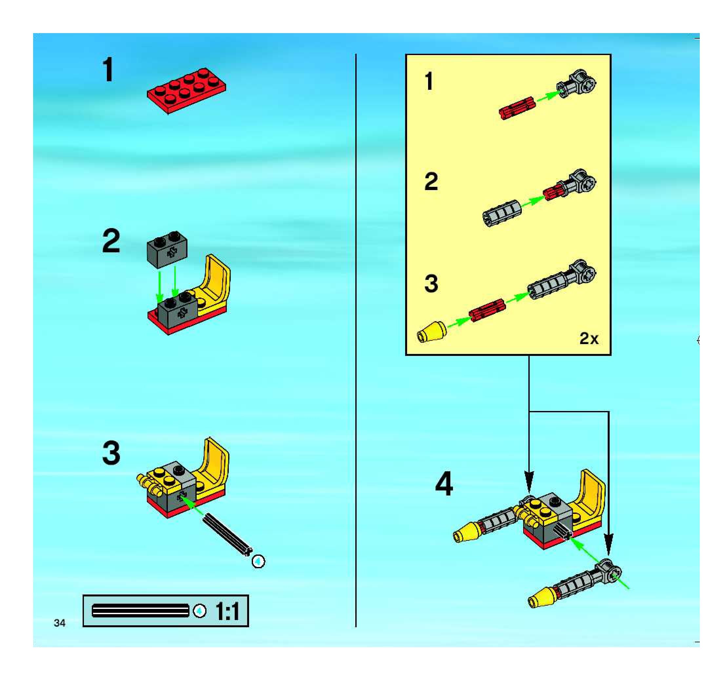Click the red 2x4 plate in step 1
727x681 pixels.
(x=187, y=91)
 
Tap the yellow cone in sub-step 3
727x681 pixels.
(x=432, y=332)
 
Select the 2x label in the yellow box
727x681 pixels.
(x=589, y=339)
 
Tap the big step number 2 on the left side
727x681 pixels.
(x=111, y=241)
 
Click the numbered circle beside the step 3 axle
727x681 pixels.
(x=259, y=561)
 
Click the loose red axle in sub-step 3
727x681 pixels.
(x=488, y=310)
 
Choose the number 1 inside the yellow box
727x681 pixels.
(x=429, y=81)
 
